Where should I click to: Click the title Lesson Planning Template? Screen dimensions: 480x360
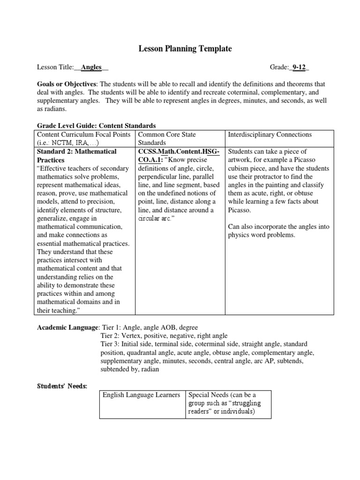pyautogui.click(x=185, y=49)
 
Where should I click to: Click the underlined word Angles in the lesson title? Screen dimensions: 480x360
pyautogui.click(x=91, y=67)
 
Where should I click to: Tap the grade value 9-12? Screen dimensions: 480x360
pyautogui.click(x=299, y=67)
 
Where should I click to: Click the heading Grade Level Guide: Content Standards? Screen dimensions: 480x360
pyautogui.click(x=96, y=126)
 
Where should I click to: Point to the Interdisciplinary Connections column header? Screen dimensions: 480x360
pyautogui.click(x=270, y=135)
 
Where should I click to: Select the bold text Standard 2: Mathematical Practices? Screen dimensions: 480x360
pyautogui.click(x=76, y=156)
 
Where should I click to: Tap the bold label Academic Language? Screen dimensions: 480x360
pyautogui.click(x=68, y=327)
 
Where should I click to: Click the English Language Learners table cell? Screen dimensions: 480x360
pyautogui.click(x=141, y=395)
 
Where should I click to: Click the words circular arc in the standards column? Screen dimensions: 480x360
pyautogui.click(x=156, y=218)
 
